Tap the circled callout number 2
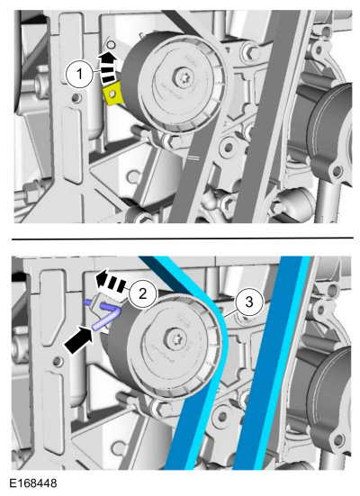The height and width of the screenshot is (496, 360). (x=139, y=293)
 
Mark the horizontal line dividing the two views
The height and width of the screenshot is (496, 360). (x=180, y=238)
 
